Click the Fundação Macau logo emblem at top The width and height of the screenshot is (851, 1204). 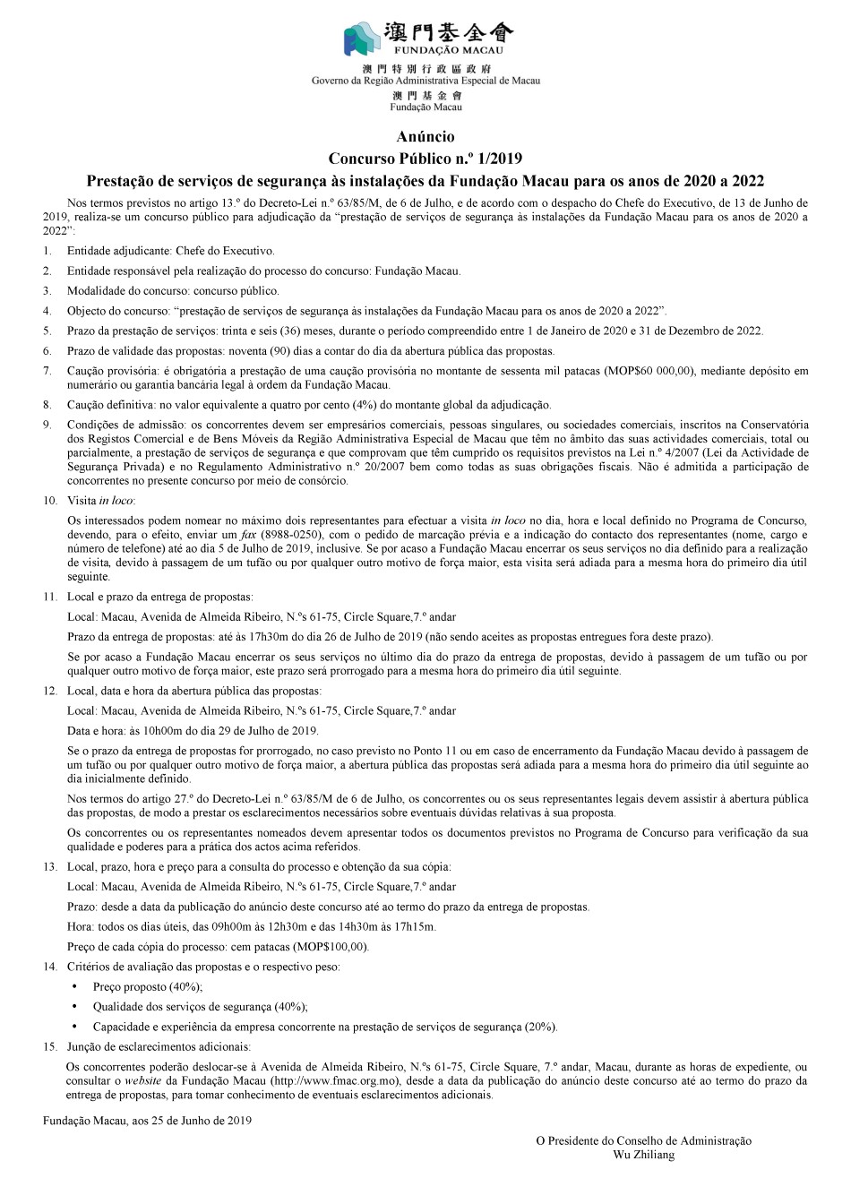coord(365,38)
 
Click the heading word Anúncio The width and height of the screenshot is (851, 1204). coord(425,137)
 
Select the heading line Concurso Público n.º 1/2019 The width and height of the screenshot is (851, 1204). coord(425,158)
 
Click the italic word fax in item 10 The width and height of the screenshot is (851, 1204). coord(247,534)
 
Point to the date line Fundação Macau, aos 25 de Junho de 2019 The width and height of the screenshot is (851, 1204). coord(147,1120)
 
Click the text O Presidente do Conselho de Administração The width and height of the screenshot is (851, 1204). coord(643,1140)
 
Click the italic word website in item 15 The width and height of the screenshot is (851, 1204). coord(143,1080)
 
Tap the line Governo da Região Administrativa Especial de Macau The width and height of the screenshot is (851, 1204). coord(425,80)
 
